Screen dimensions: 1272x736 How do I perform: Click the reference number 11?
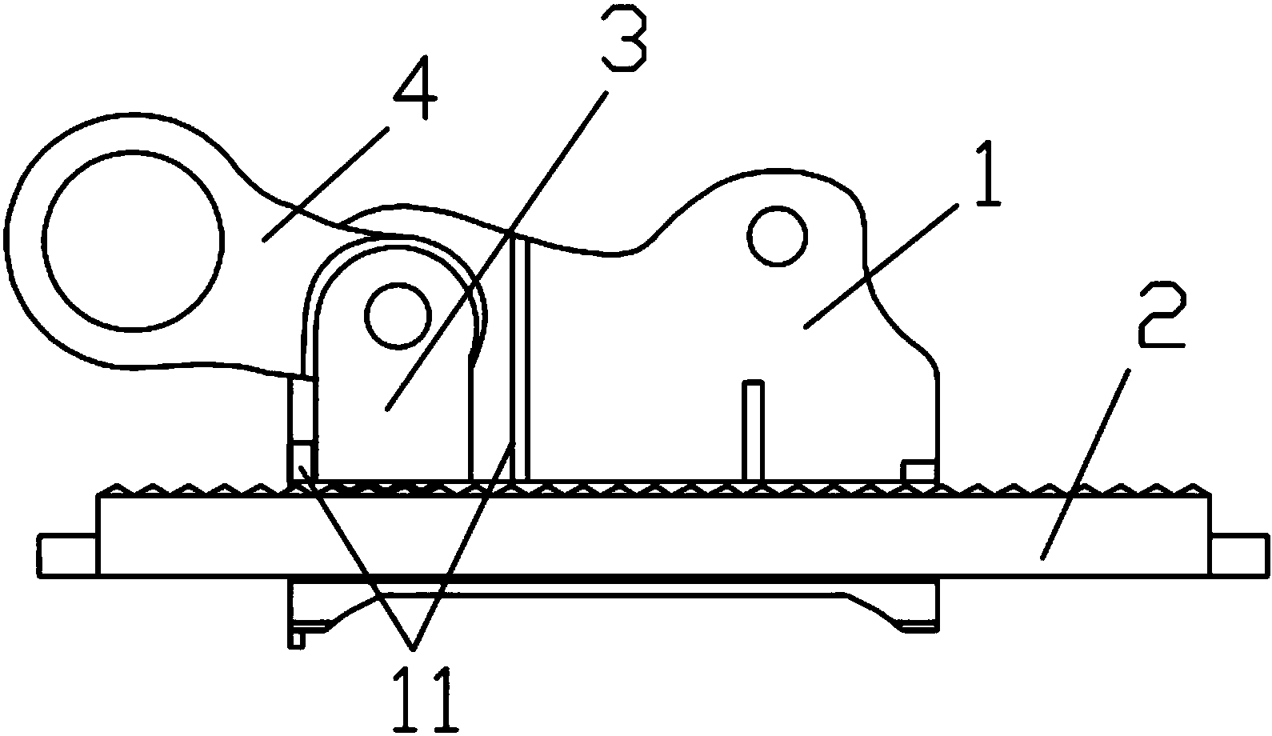[426, 698]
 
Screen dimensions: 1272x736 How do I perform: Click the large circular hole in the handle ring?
[133, 240]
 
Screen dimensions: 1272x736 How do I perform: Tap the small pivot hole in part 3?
[398, 316]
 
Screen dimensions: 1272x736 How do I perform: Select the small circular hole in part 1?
[778, 236]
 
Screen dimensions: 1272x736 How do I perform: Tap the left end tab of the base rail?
[68, 556]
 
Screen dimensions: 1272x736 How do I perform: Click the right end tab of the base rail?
[1240, 556]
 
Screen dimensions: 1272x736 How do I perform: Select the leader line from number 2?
[1085, 463]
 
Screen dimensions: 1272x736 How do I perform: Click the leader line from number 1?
[880, 267]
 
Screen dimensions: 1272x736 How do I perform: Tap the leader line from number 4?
[326, 186]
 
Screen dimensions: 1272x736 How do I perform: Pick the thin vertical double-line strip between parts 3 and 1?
[520, 359]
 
